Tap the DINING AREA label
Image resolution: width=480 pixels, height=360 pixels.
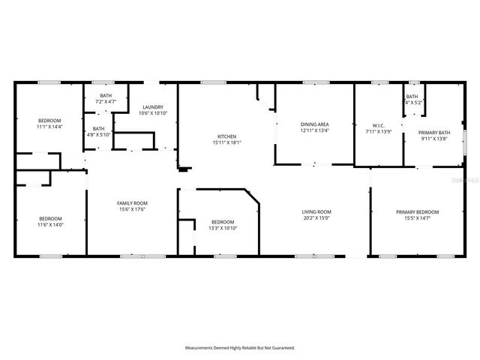pyautogui.click(x=315, y=124)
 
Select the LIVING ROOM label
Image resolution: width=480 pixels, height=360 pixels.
pyautogui.click(x=316, y=212)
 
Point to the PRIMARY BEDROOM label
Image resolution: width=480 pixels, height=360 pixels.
pyautogui.click(x=418, y=212)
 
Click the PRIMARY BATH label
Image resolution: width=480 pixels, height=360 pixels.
pyautogui.click(x=435, y=133)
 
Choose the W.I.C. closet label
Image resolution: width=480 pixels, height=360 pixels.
pyautogui.click(x=379, y=124)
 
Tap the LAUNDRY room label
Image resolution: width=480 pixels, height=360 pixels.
pyautogui.click(x=154, y=107)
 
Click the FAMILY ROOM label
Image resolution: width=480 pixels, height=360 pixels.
pyautogui.click(x=132, y=203)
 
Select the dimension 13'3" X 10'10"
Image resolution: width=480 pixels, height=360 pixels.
pyautogui.click(x=223, y=227)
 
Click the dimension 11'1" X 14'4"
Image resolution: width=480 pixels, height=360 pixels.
pyautogui.click(x=50, y=127)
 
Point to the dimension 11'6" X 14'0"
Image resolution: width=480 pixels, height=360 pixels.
pyautogui.click(x=50, y=225)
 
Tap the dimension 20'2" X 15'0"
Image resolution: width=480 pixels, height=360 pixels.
pyautogui.click(x=316, y=218)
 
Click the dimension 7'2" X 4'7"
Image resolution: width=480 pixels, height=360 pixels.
pyautogui.click(x=106, y=101)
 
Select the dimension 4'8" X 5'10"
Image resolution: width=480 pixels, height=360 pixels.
pyautogui.click(x=99, y=135)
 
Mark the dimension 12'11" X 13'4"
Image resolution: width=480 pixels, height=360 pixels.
pyautogui.click(x=315, y=130)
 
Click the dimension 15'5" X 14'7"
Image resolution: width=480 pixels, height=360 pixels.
pyautogui.click(x=418, y=218)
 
